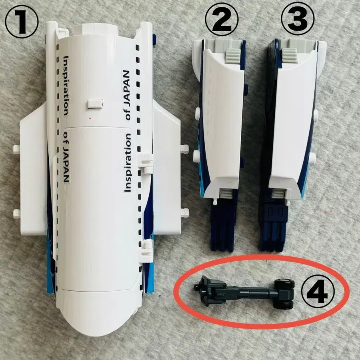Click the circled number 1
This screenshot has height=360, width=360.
point(22,21)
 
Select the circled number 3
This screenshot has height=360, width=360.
point(298,18)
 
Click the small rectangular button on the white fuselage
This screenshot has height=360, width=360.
point(95,104)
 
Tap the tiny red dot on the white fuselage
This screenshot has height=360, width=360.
point(90,118)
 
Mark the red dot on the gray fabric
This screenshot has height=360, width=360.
point(325,213)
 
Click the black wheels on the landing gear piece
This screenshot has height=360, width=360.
point(285,294)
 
